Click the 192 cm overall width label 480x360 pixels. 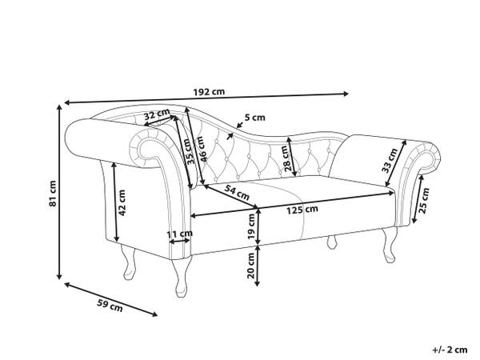point(209,91)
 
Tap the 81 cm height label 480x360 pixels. point(53,194)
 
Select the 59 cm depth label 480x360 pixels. point(110,306)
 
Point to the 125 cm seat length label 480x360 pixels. point(302,210)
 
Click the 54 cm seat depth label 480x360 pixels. point(237,192)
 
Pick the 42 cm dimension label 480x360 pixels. point(122,202)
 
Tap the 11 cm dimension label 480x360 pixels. point(180,234)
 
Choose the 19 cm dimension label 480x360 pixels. point(251,227)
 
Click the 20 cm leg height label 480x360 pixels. point(251,265)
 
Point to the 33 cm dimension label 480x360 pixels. point(390,160)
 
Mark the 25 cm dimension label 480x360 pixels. point(424,201)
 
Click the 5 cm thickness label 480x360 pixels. point(254,118)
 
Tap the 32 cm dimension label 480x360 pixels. point(157,114)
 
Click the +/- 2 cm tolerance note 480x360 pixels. point(450,350)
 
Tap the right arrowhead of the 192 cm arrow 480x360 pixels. point(346,94)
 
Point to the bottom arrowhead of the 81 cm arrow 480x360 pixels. point(60,277)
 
